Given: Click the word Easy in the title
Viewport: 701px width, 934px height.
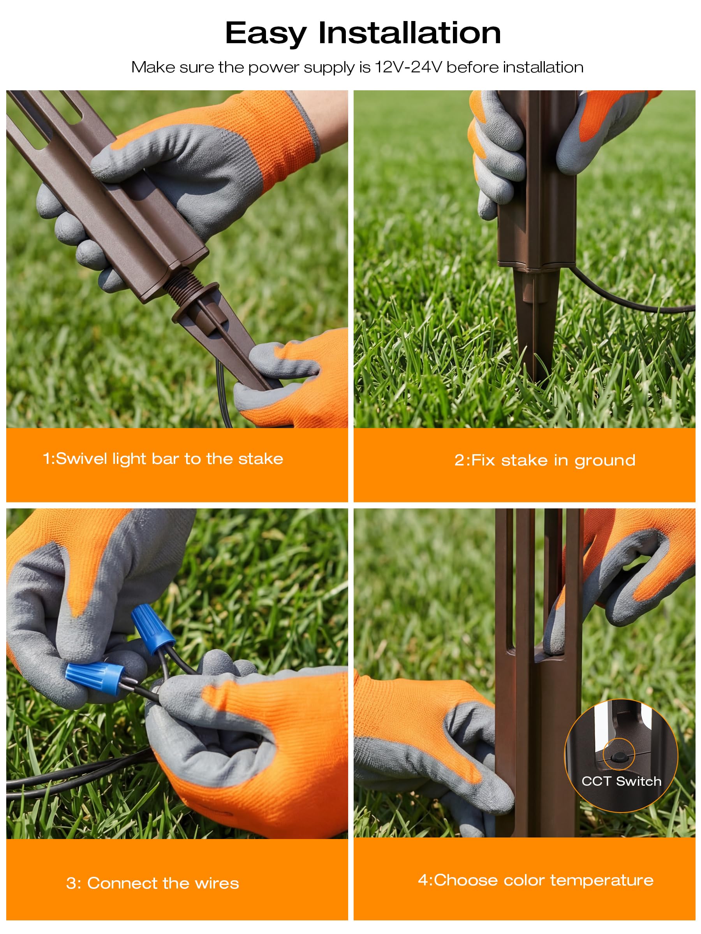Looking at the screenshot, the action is (x=266, y=34).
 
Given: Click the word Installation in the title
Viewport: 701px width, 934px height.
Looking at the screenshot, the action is (x=409, y=33).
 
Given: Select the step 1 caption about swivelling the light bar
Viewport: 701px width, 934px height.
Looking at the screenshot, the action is (x=163, y=459).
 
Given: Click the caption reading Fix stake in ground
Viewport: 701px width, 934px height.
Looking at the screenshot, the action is (x=545, y=460).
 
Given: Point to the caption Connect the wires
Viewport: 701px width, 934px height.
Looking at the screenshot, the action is (x=153, y=883).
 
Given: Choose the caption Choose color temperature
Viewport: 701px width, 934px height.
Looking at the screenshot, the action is (x=536, y=880).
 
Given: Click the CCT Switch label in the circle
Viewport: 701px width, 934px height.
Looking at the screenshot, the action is (x=621, y=781).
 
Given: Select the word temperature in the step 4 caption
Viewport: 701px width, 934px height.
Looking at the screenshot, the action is (x=602, y=881).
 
